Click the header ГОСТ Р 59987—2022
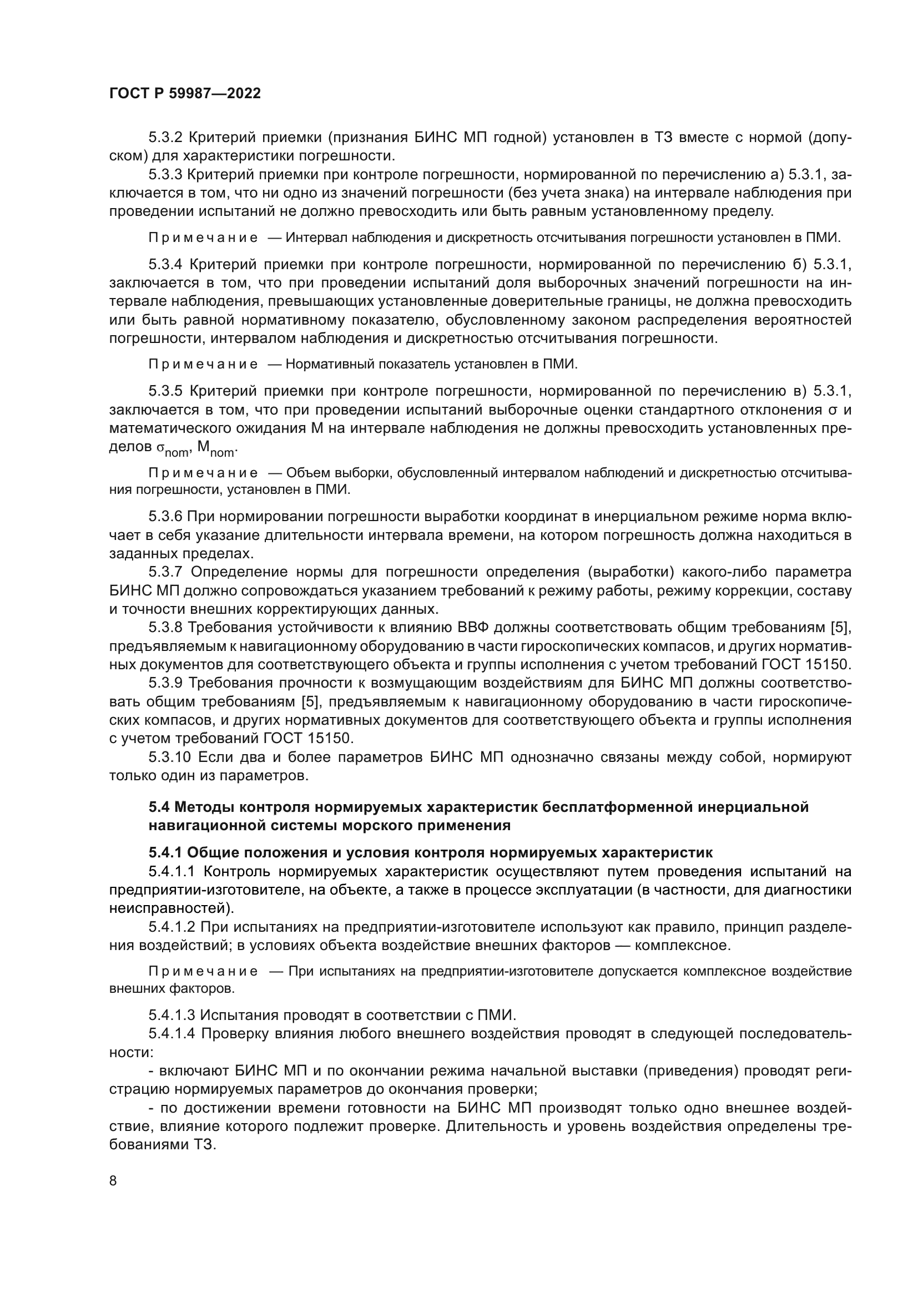click(x=185, y=94)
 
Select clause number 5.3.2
click(x=165, y=138)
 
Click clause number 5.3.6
click(x=165, y=516)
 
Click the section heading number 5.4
click(x=159, y=807)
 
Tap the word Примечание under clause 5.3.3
click(x=203, y=238)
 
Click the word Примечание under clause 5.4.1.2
click(x=203, y=971)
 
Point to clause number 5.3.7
click(x=165, y=572)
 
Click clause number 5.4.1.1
click(x=172, y=872)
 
